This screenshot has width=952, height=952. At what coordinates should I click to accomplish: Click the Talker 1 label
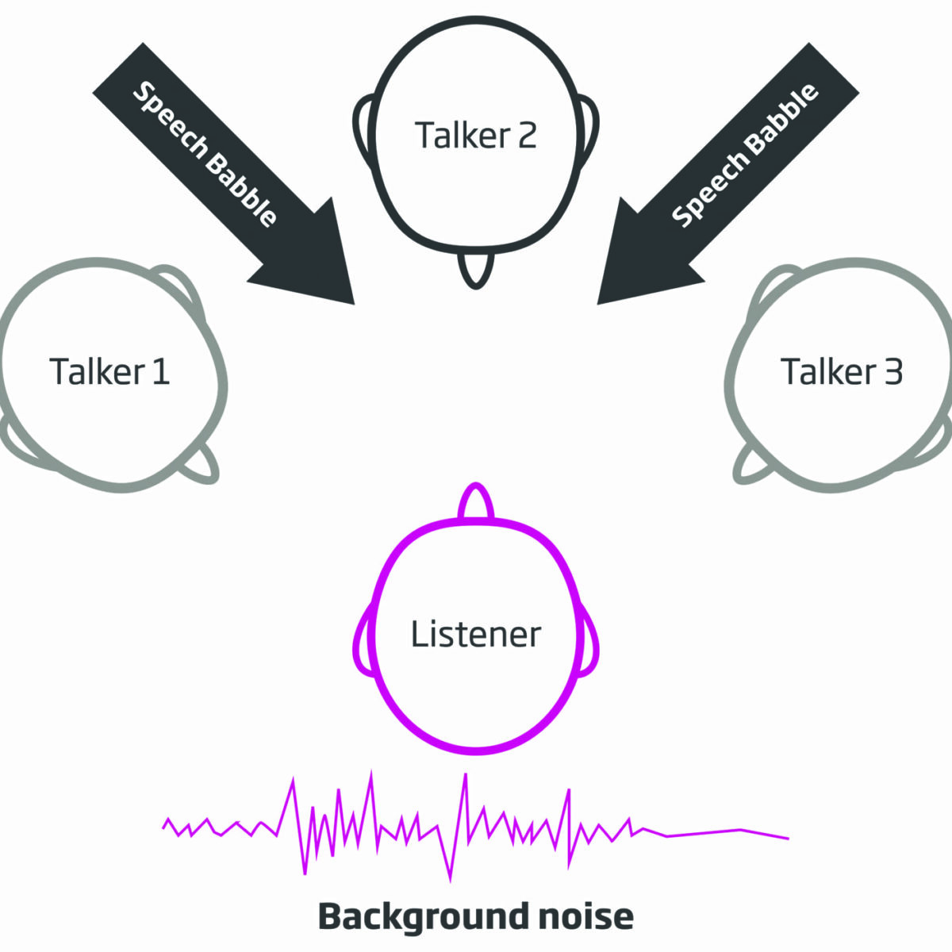point(109,371)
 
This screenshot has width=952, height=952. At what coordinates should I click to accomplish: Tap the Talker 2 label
point(476,135)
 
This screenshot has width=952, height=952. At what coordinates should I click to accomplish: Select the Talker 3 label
point(842,371)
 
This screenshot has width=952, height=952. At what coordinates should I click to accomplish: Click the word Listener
point(476,634)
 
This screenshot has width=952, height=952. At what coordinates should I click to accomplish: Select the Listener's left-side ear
point(364,640)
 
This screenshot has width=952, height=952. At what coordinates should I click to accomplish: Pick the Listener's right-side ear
point(588,640)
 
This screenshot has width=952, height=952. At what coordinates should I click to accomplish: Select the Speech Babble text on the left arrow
point(205,154)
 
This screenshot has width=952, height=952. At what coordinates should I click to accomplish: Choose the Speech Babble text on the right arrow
point(745,155)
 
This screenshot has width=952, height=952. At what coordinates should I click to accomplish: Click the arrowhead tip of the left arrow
point(354,304)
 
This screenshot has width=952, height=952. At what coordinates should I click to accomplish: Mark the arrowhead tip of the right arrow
point(598,304)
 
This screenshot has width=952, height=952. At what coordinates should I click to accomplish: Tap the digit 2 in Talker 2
point(527,135)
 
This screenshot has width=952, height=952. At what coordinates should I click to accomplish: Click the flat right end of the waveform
point(788,839)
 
